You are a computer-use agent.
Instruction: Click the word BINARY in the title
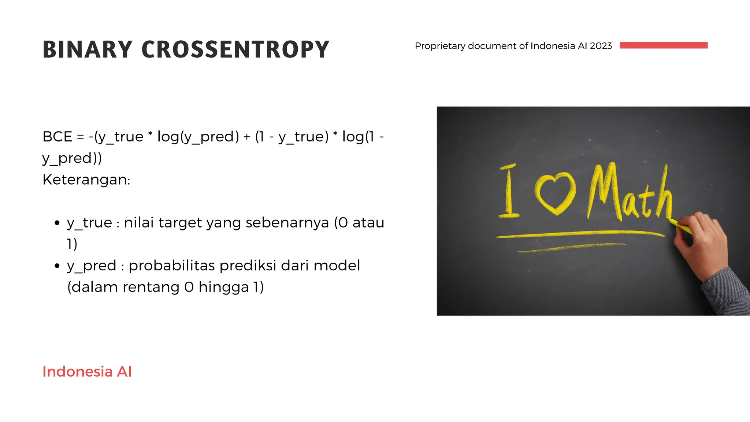pos(87,49)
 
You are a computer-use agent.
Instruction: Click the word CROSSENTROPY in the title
pos(235,49)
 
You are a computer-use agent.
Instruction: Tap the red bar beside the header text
pos(663,45)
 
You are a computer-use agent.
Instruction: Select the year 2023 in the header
pos(601,46)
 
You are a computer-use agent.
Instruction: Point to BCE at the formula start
pos(57,137)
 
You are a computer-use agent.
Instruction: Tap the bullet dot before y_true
pos(57,223)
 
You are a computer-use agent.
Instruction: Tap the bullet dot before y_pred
pos(57,266)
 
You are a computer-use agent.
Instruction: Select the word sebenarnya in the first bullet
pos(287,223)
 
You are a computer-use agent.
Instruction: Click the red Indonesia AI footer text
pos(87,371)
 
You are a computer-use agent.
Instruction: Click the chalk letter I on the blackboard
pos(509,191)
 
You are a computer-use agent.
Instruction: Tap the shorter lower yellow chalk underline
pos(571,248)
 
